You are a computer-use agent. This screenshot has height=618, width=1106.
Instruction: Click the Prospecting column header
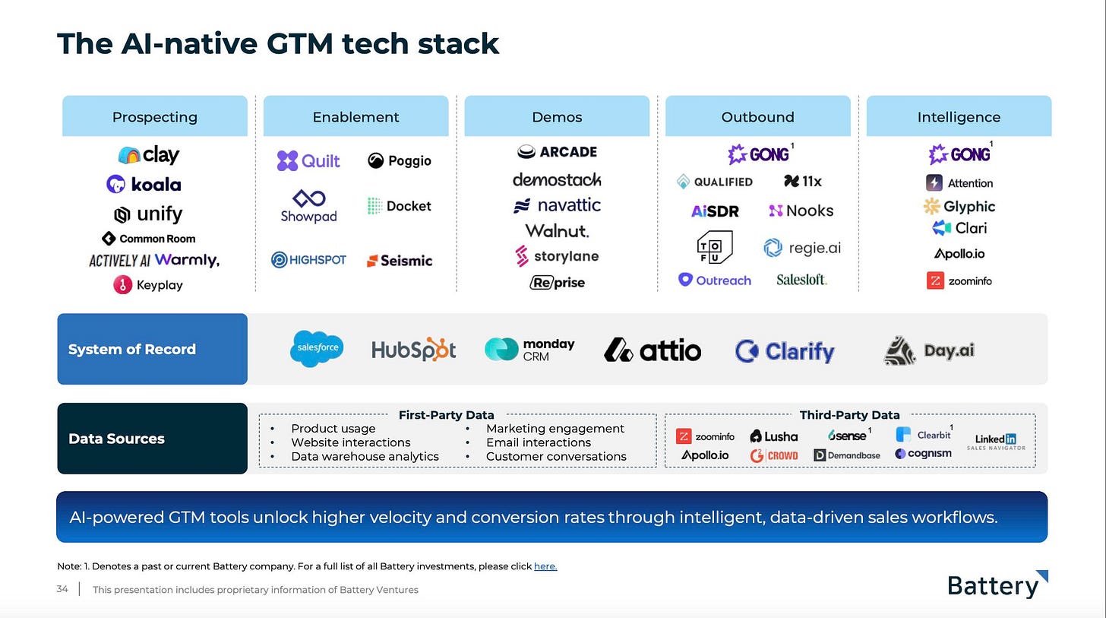(154, 116)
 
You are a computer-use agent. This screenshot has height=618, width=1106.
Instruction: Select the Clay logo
(149, 155)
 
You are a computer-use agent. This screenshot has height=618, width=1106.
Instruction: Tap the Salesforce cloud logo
(317, 349)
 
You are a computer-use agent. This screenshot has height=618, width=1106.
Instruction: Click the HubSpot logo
(413, 349)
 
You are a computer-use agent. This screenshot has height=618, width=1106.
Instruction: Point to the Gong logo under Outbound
(757, 154)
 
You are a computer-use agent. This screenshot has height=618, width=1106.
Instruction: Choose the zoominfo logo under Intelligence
(959, 280)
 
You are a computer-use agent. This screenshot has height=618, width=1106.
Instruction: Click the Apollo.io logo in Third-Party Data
(705, 455)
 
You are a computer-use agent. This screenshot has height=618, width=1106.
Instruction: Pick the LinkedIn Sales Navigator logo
(996, 442)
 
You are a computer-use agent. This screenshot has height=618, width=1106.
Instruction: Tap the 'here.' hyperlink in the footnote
(545, 566)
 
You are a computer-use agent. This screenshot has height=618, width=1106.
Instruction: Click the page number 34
(62, 589)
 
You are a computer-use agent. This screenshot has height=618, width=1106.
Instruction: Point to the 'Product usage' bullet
(333, 429)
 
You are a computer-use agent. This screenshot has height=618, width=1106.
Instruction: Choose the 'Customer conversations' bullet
(556, 456)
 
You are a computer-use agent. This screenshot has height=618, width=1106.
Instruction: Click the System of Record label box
(153, 349)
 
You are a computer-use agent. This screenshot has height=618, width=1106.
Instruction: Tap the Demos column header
(557, 116)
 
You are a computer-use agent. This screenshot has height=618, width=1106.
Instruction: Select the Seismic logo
(400, 261)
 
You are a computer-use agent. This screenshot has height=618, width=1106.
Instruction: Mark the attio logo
(653, 350)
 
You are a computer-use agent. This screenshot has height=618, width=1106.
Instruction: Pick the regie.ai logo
(802, 248)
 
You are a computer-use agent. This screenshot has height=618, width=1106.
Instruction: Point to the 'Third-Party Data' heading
(849, 415)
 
